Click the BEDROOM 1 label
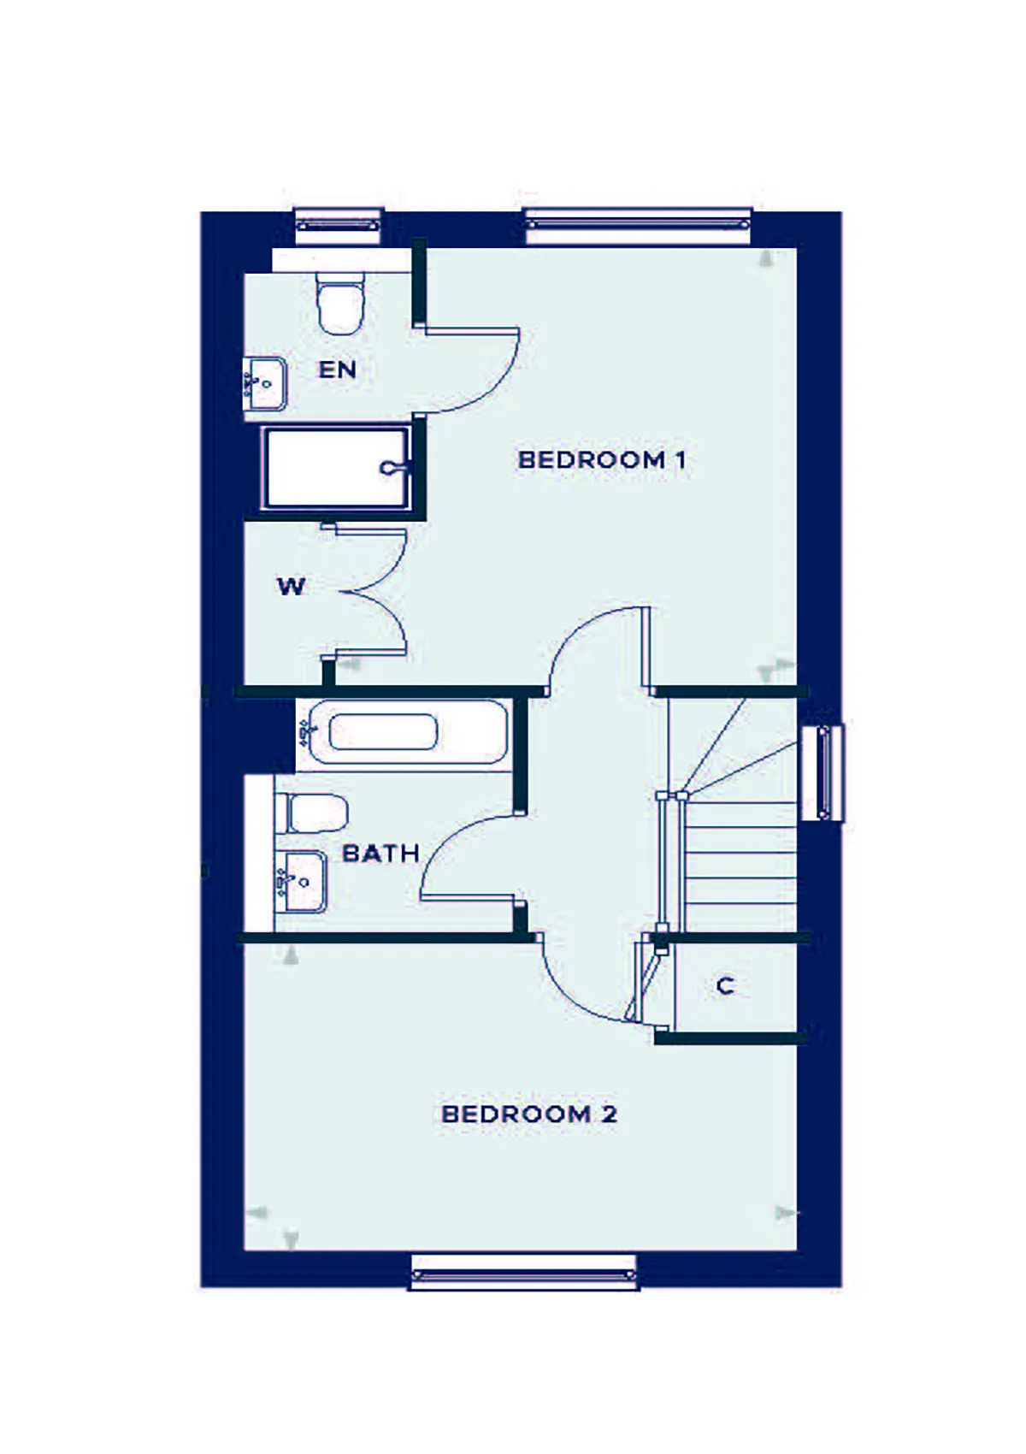[602, 460]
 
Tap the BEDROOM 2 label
[529, 1114]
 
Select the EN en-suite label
[338, 370]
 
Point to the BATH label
[380, 853]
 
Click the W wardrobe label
[291, 587]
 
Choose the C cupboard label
[726, 986]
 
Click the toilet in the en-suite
[340, 303]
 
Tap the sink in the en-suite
[265, 384]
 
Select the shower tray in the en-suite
[336, 467]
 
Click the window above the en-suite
[338, 226]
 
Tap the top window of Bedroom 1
[638, 225]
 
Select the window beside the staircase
[823, 773]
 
